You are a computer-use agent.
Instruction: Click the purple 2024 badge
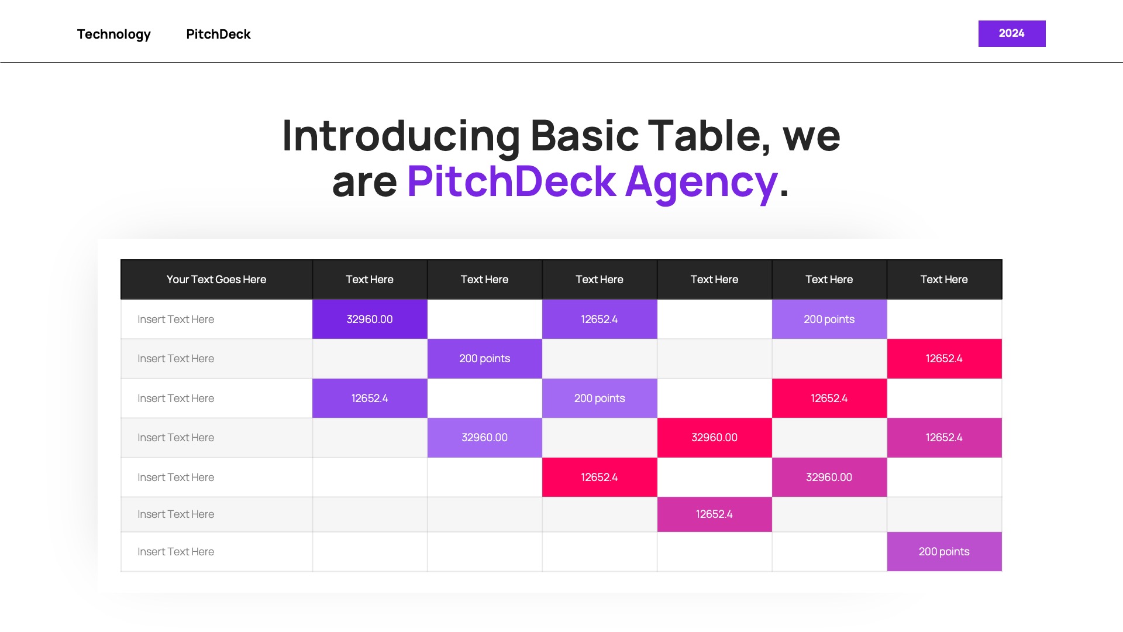click(1011, 33)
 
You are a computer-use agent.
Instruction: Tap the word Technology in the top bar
click(113, 34)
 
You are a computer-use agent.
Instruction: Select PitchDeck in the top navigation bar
click(218, 34)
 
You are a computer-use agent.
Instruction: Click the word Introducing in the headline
click(401, 136)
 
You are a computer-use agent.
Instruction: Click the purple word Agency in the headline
click(701, 181)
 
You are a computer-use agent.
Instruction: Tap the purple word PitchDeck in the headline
click(511, 181)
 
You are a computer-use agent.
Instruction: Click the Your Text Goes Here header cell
click(216, 280)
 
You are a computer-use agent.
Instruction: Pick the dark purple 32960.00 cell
click(370, 320)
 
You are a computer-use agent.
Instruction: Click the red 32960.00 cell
click(714, 438)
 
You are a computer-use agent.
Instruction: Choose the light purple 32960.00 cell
click(484, 438)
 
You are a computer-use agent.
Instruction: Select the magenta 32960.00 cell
click(829, 478)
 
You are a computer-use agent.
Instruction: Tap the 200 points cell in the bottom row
click(943, 552)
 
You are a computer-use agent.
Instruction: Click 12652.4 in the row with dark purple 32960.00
click(599, 320)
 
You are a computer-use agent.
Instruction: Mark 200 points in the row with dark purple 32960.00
click(829, 320)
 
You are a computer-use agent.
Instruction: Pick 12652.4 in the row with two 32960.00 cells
click(943, 438)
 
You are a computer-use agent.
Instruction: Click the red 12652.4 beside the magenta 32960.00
click(599, 478)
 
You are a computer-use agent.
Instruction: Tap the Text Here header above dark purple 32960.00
click(370, 280)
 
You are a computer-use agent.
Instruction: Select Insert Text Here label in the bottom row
click(175, 552)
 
